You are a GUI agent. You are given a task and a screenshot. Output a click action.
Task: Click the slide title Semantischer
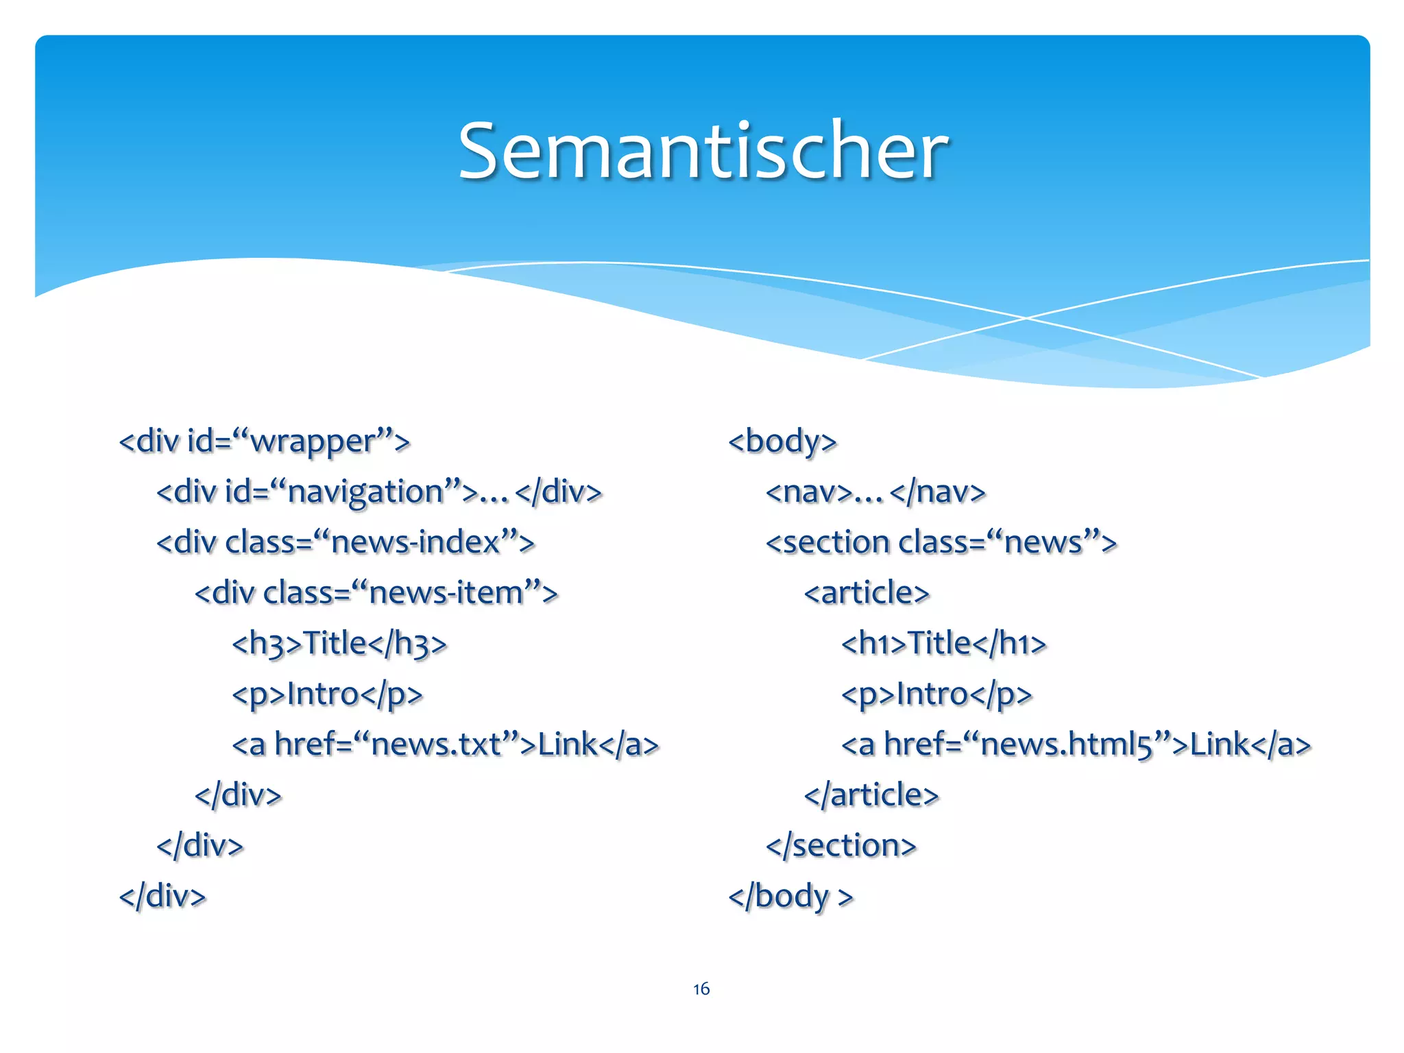point(703,151)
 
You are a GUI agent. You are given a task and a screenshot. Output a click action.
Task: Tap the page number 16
point(701,989)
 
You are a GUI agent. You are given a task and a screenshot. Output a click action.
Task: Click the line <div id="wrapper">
point(264,441)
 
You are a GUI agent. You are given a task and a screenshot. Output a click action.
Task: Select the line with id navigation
point(378,492)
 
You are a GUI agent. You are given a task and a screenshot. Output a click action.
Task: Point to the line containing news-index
point(345,542)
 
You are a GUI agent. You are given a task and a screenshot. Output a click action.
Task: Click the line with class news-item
point(376,593)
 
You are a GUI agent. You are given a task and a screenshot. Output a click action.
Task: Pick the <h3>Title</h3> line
point(339,644)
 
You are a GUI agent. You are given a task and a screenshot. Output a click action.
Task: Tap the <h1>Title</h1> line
point(943,644)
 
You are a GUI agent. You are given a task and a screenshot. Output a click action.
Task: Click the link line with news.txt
point(445,745)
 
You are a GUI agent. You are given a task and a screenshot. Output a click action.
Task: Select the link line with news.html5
point(1076,745)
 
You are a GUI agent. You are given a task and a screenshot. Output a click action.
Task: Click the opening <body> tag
point(782,441)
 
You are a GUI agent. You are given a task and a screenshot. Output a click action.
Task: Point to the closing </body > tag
point(790,896)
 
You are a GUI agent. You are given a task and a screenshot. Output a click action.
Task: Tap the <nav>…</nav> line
point(875,492)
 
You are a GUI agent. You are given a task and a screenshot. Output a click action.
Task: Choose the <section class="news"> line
point(941,542)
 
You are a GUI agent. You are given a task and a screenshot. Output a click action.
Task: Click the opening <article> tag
point(867,593)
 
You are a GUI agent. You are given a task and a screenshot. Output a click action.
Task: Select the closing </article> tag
point(871,795)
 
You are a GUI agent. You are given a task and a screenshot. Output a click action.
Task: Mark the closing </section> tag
point(840,845)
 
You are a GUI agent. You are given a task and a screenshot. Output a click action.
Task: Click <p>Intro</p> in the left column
point(327,694)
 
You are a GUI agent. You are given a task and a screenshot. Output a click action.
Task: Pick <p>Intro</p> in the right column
point(936,694)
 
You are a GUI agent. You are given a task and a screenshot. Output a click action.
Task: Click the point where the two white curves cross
point(1026,317)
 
